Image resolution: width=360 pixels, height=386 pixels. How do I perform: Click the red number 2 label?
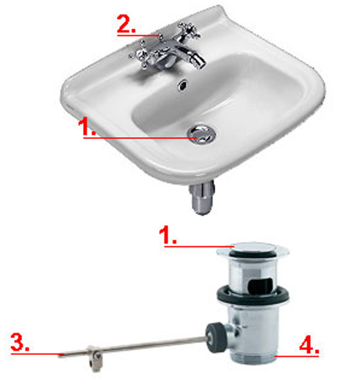click(126, 24)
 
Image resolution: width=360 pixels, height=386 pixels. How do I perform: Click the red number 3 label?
click(19, 342)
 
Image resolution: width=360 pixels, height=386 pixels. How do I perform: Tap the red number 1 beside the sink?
click(87, 127)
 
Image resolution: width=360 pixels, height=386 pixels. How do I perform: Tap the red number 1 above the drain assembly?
click(168, 235)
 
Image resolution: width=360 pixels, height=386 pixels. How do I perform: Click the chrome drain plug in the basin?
click(201, 134)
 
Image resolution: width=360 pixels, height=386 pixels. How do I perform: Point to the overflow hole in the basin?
click(183, 85)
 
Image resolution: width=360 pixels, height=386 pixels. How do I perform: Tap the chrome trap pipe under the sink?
click(202, 198)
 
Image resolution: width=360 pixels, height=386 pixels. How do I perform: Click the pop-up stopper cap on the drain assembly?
click(253, 250)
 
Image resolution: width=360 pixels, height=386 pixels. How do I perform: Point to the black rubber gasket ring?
click(253, 295)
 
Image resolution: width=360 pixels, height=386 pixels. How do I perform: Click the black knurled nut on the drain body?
click(216, 338)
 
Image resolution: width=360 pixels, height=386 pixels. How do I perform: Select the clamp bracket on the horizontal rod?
click(95, 358)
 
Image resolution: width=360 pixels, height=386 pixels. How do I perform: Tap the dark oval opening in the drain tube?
click(261, 286)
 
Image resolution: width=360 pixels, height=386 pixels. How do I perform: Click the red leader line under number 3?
click(37, 353)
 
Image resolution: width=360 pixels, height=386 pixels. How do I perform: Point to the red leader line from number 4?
click(297, 356)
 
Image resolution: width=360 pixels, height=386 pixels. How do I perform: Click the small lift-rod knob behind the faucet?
click(161, 37)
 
